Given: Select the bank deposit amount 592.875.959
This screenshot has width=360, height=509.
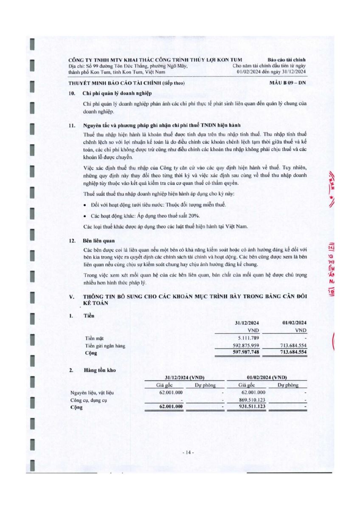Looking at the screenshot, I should coord(243,345).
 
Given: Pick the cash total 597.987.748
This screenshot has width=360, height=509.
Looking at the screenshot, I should coord(243,352).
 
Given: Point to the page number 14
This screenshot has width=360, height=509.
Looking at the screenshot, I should coord(188,453).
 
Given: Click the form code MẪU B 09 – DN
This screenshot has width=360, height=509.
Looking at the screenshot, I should coord(287,83).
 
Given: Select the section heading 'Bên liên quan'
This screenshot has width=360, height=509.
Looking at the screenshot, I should coord(96,241).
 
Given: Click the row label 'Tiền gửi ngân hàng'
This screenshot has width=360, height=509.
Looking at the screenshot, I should coord(105,346).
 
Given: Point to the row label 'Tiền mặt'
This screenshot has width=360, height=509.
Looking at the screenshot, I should coord(94,338).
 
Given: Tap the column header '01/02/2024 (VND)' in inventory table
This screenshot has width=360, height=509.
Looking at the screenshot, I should coord(267,378).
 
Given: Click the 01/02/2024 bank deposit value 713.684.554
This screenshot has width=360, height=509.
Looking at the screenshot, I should coord(290,345).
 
